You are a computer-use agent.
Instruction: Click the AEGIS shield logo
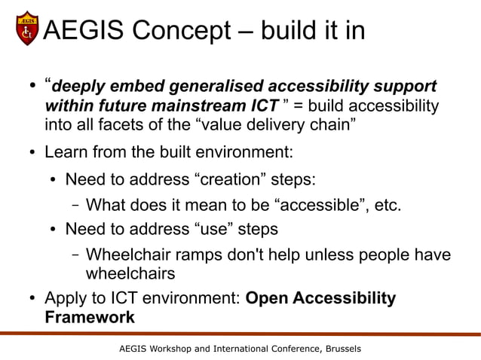tap(28, 29)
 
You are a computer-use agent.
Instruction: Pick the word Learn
tap(68, 153)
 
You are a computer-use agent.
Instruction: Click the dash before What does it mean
tap(76, 206)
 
